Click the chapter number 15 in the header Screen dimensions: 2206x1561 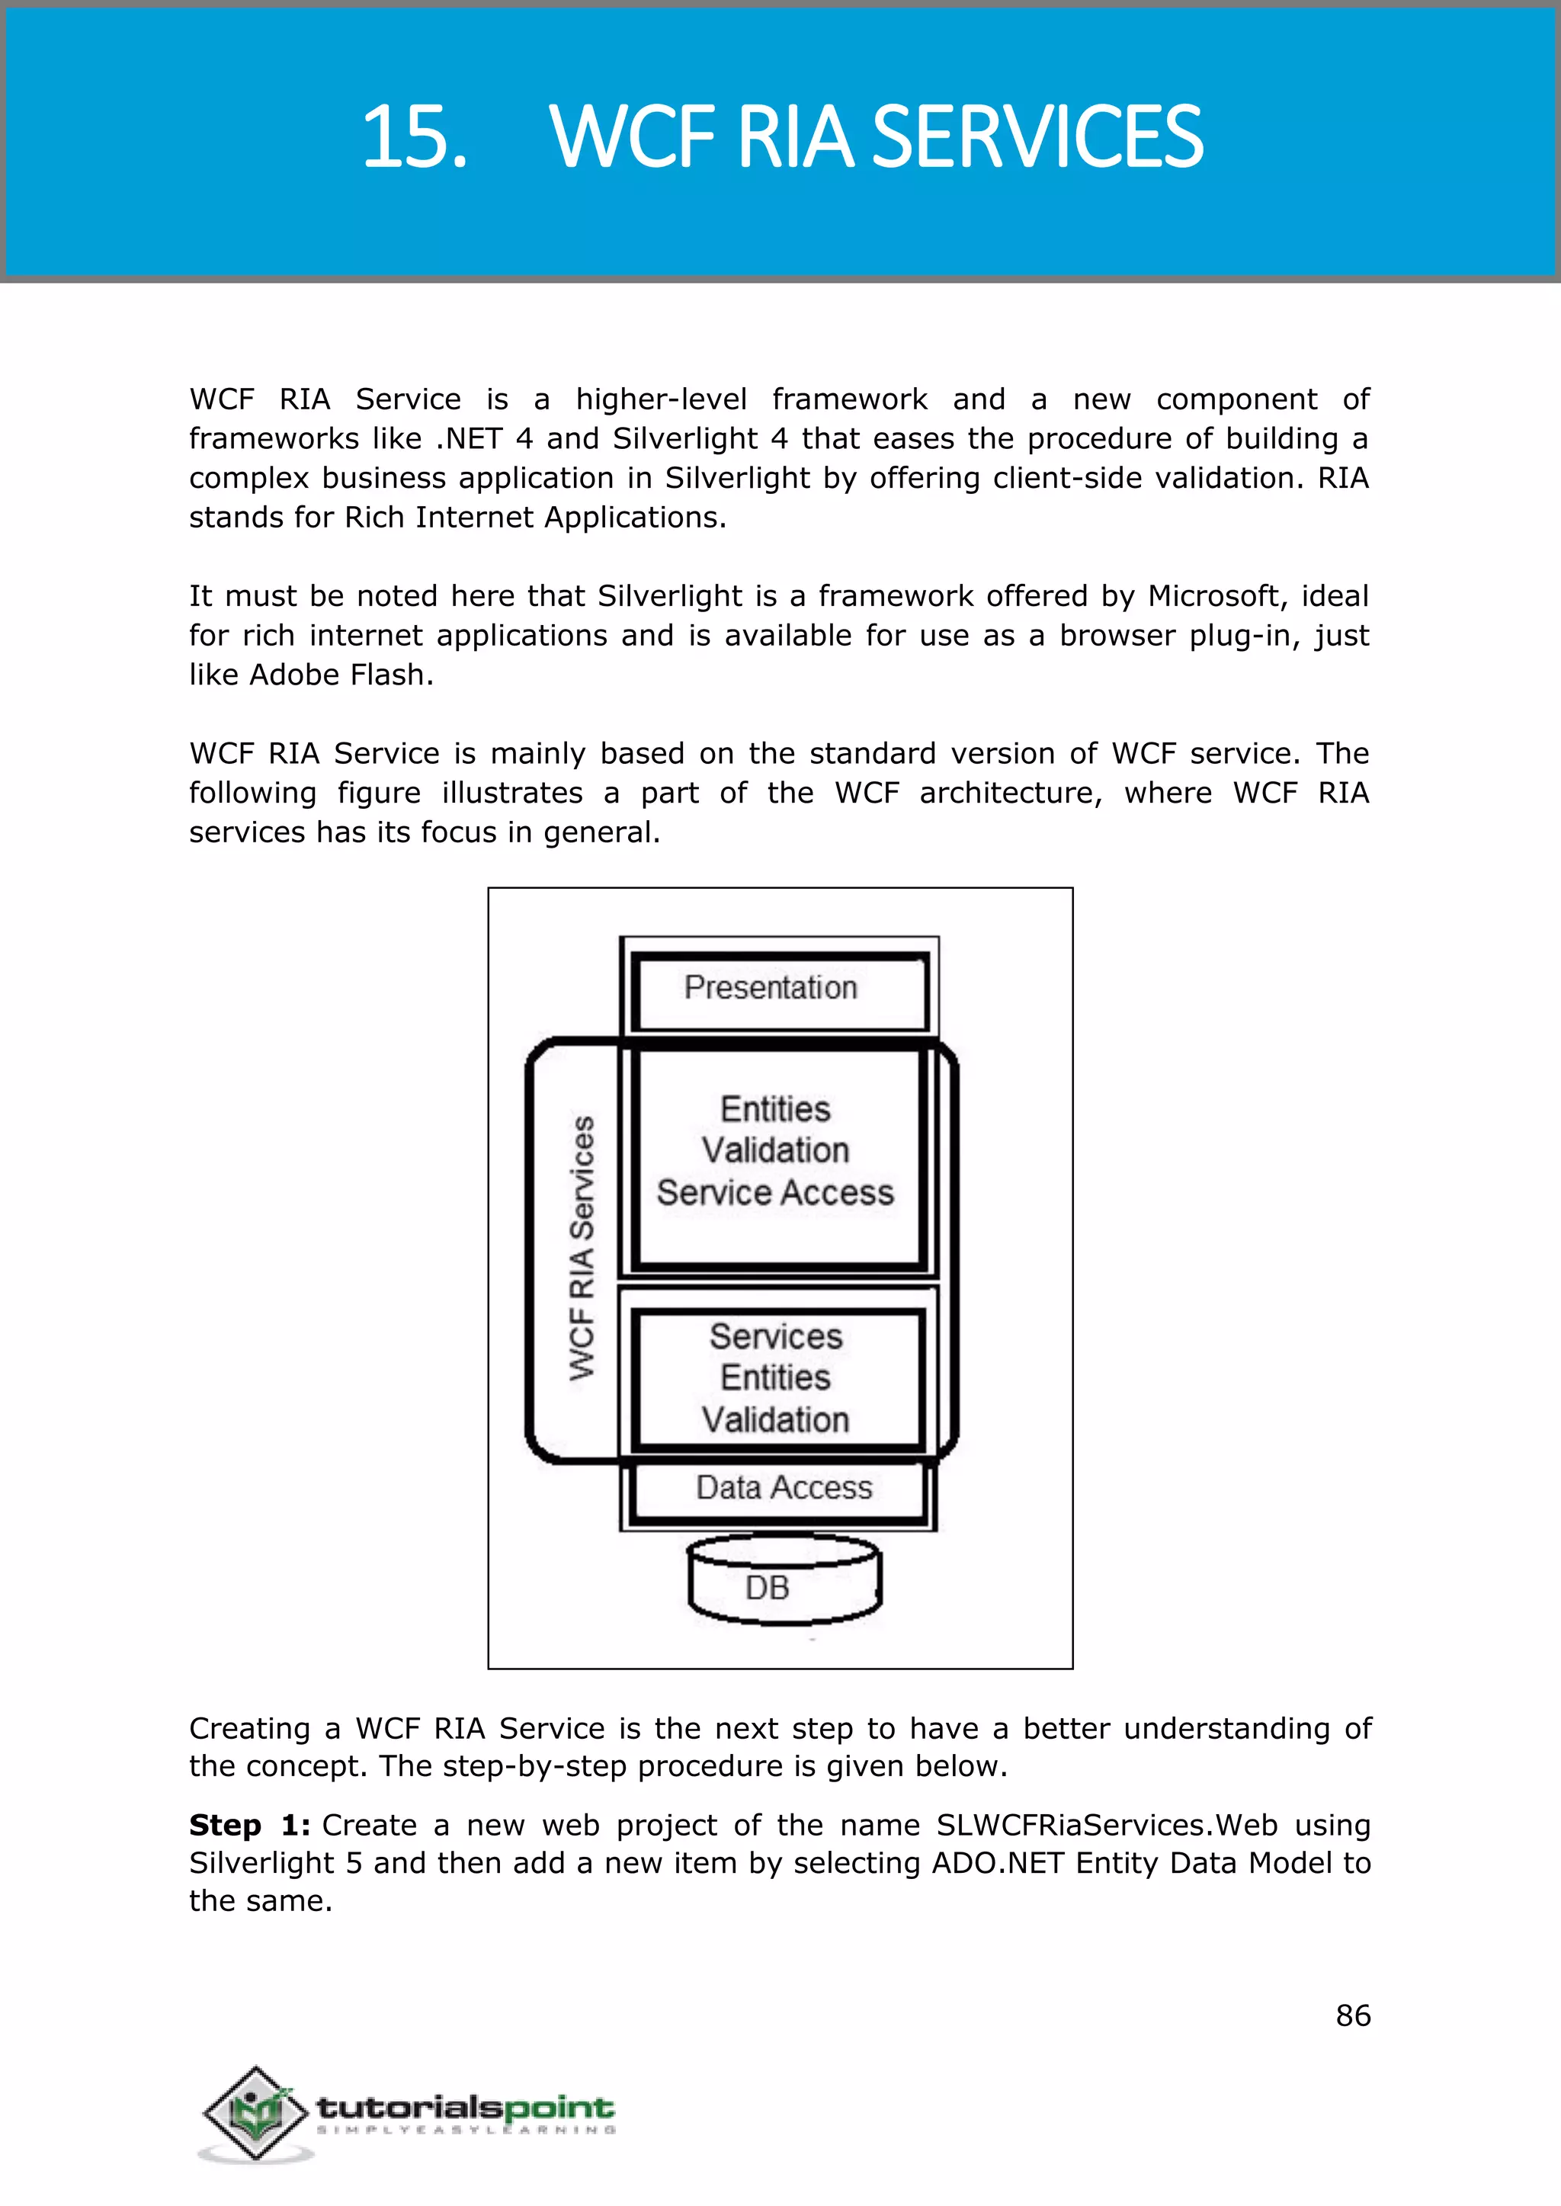413,137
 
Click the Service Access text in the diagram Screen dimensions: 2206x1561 774,1193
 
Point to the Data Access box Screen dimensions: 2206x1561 784,1488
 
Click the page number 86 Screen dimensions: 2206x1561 1352,2015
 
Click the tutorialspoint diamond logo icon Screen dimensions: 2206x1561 252,2113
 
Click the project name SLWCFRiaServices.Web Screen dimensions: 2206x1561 1107,1824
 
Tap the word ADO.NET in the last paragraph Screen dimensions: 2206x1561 998,1863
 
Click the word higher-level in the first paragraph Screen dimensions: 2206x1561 662,399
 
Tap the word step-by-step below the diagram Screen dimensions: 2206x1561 534,1765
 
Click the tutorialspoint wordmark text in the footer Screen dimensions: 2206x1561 465,2108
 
